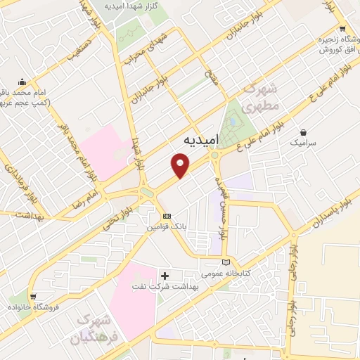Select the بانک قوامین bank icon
coord(166,216)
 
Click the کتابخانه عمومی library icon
coord(225,262)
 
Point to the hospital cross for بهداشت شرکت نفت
coord(166,276)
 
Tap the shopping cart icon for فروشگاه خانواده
coord(32,297)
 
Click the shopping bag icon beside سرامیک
coord(303,131)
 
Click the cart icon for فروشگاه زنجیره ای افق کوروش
coord(342,29)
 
